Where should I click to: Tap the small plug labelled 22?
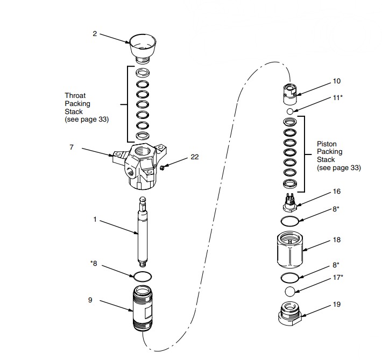161,168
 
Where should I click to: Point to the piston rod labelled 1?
143,231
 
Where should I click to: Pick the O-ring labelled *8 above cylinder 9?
143,276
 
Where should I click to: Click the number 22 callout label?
195,157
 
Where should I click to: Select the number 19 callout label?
337,304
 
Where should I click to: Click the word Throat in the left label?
75,95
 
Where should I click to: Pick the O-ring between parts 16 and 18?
290,221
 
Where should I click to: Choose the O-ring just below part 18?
290,277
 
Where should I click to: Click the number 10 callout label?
337,81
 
